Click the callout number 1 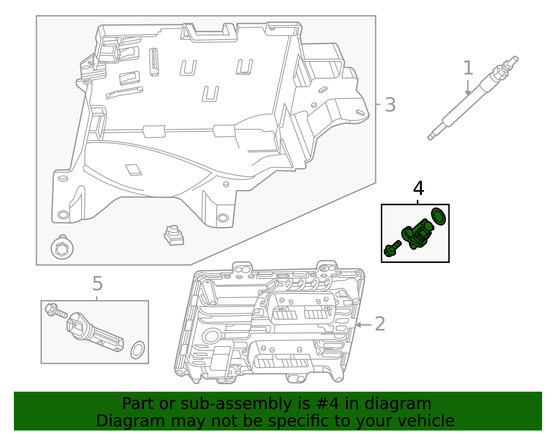tap(468, 68)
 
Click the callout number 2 tap(380, 324)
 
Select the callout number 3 tap(390, 105)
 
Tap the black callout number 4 tap(418, 189)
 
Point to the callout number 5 tap(98, 284)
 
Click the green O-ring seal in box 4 tap(439, 216)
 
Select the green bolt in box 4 tap(392, 248)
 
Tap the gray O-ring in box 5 tap(138, 350)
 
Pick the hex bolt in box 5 tap(56, 310)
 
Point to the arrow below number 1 tap(468, 88)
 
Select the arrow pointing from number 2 tap(363, 325)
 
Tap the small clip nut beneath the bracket tap(174, 236)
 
